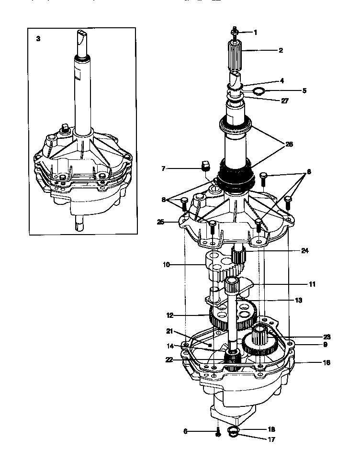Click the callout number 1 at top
255,33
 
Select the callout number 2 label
281,50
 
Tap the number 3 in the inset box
38,39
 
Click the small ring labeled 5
258,91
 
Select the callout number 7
164,169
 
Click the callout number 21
169,331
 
